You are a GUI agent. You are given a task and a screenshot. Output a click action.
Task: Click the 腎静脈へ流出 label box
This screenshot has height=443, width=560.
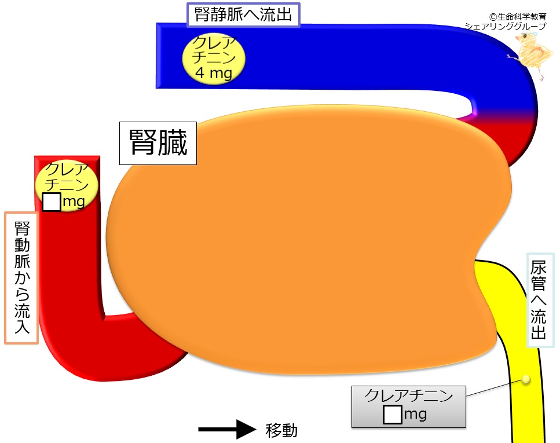pyautogui.click(x=243, y=15)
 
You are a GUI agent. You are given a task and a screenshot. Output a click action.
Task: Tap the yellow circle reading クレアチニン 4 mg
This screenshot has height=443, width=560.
pyautogui.click(x=214, y=58)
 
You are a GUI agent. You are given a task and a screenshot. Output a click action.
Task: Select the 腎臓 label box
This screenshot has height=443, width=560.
pyautogui.click(x=158, y=143)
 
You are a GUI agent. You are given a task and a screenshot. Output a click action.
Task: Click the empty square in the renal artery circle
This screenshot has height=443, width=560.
pyautogui.click(x=52, y=202)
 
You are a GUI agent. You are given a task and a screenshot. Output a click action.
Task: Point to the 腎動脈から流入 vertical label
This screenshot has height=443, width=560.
pyautogui.click(x=21, y=278)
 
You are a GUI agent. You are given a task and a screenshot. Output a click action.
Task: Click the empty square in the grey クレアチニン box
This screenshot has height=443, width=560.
pyautogui.click(x=392, y=415)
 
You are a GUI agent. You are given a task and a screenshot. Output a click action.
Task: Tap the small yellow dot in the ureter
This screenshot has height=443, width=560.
pyautogui.click(x=526, y=379)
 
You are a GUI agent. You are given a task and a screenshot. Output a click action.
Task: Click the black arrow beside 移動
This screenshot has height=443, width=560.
pyautogui.click(x=227, y=430)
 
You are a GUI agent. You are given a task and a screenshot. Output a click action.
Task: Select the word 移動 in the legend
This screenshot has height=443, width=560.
pyautogui.click(x=281, y=430)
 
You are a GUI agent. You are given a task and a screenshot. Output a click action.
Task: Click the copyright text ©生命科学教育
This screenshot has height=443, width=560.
pyautogui.click(x=518, y=16)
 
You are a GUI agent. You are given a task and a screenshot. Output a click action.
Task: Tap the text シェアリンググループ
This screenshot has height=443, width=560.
pyautogui.click(x=506, y=26)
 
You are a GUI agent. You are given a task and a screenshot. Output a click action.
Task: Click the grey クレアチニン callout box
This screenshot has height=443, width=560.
pyautogui.click(x=409, y=407)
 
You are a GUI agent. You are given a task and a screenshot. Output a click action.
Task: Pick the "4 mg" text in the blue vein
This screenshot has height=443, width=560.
pyautogui.click(x=214, y=73)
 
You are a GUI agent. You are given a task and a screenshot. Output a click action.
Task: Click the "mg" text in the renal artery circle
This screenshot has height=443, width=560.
pyautogui.click(x=74, y=202)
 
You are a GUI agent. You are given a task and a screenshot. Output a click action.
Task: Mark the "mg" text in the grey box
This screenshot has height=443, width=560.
pyautogui.click(x=415, y=415)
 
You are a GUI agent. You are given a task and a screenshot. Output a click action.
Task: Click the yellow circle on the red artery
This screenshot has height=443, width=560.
pyautogui.click(x=67, y=185)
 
